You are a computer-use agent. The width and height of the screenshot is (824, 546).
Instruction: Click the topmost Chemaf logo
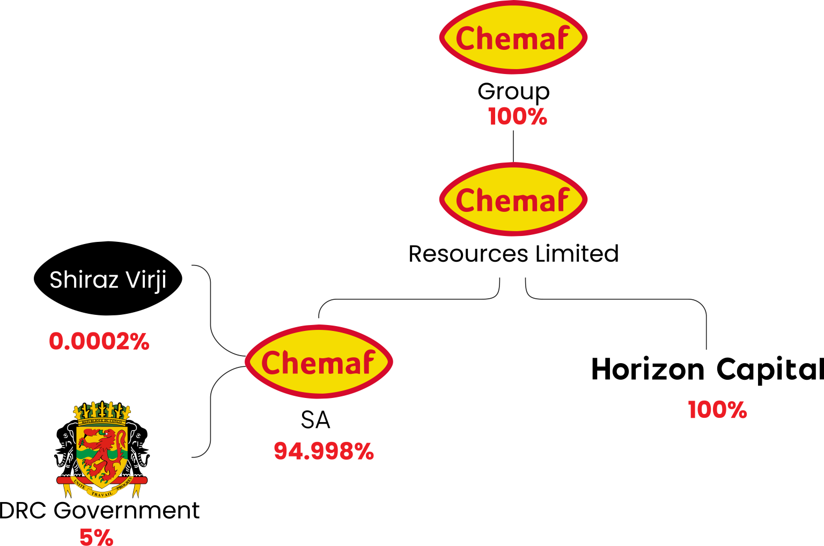point(513,38)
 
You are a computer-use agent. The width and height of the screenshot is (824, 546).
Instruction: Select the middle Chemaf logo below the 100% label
point(513,200)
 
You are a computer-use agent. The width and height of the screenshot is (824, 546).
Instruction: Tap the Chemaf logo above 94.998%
point(319,362)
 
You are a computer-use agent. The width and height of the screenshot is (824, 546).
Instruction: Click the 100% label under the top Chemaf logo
point(517,117)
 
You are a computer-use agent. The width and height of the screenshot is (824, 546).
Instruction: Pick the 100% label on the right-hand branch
point(717,410)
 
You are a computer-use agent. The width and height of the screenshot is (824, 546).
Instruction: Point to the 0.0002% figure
point(99,342)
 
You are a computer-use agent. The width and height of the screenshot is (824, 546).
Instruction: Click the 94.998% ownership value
point(323,452)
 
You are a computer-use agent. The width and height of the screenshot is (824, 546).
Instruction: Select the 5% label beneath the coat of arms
point(97,536)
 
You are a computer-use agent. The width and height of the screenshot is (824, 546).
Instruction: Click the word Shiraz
point(84,280)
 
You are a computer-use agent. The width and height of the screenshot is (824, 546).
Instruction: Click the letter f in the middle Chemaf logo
point(561,200)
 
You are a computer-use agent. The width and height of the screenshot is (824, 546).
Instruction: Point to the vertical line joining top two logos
point(513,146)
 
